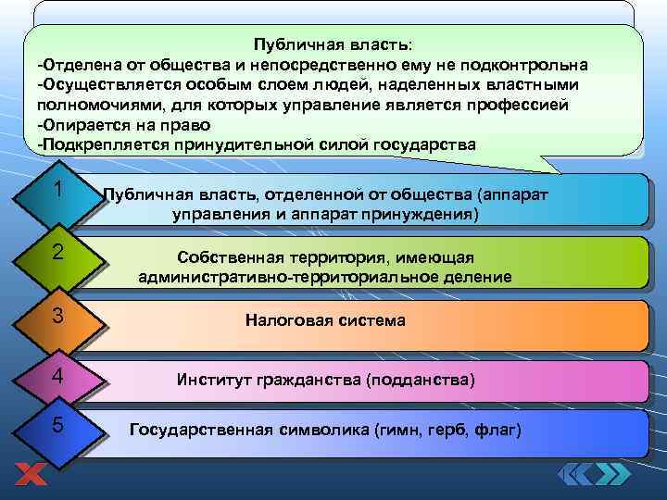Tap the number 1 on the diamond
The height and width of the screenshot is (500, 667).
57,189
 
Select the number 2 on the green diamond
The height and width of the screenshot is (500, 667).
57,252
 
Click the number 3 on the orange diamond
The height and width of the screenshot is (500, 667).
57,316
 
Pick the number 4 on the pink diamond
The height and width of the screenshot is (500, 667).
57,377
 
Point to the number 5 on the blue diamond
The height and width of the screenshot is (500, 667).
57,425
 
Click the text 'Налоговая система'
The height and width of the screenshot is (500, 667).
325,320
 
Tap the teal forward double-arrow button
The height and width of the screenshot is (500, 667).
611,474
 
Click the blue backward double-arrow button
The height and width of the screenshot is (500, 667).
575,474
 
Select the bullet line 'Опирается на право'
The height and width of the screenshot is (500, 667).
124,125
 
